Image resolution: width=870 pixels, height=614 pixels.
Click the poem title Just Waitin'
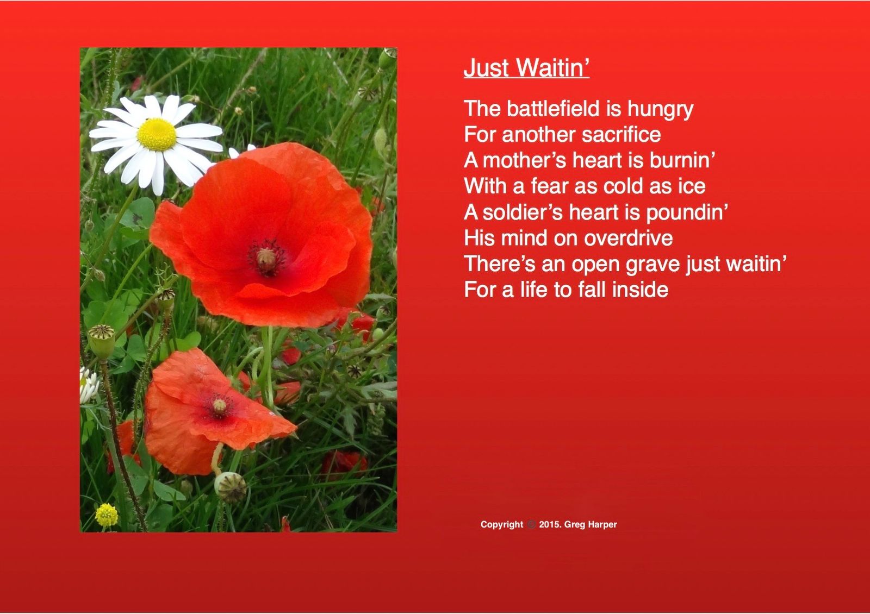(526, 67)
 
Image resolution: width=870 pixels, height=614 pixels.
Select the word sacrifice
(621, 134)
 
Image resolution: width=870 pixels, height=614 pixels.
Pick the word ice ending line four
(692, 186)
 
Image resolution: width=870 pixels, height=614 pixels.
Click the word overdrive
(628, 238)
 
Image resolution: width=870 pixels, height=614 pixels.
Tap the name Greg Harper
(591, 524)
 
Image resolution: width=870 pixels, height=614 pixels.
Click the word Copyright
(502, 525)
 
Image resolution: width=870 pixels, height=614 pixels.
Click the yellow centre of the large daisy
(157, 134)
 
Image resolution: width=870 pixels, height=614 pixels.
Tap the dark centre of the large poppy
(266, 257)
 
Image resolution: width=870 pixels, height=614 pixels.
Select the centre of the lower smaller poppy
(220, 406)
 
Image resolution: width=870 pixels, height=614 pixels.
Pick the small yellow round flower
(107, 515)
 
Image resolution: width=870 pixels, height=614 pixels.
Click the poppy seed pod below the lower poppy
(231, 487)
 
